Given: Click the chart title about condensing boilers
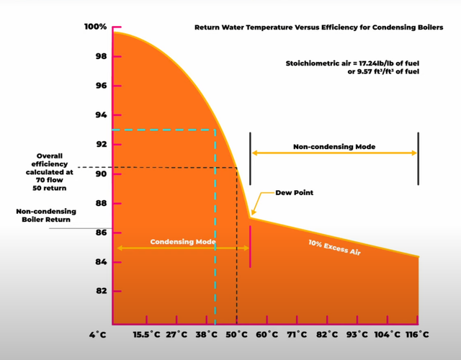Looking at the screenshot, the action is coord(318,27).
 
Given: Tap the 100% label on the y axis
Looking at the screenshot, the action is coord(95,27).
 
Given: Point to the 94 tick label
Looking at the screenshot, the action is coord(101,115).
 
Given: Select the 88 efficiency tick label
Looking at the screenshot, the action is coord(101,203).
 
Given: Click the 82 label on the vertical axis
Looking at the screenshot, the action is coord(101,291).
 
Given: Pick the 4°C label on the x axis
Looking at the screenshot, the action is coord(98,335).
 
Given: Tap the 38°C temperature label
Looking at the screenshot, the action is coord(207,335).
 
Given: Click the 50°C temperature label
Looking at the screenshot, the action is coord(237,335).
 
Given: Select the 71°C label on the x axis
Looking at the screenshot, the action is coord(297,335).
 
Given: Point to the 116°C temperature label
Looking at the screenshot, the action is coord(417,335).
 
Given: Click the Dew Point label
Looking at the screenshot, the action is coord(295,193).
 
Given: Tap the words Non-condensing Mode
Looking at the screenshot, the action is coord(334,147).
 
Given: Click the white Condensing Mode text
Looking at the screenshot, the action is coord(183,242).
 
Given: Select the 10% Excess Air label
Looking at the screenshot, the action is coord(334,248).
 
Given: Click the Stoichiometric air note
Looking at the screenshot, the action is coord(352,67).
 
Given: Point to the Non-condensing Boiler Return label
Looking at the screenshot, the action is coord(46,215).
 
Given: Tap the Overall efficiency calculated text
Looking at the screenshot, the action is coord(50,172).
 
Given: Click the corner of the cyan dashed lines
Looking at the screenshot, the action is coord(215,130).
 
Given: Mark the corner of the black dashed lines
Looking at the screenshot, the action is coord(237,168).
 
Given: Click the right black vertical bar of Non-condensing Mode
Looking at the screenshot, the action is coord(418,158).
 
